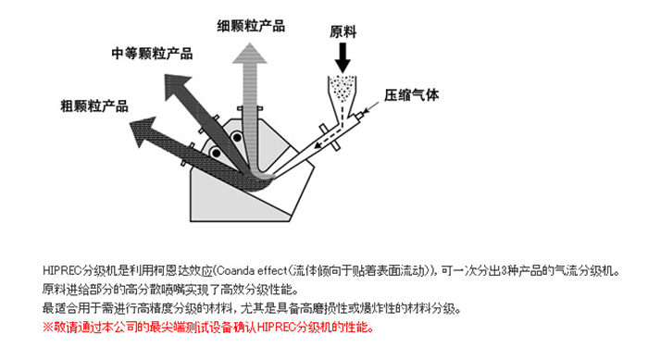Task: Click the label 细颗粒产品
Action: (x=251, y=26)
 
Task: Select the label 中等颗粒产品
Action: (x=152, y=54)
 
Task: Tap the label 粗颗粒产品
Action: (x=94, y=106)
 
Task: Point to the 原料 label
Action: (x=343, y=31)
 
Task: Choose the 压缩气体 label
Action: (x=412, y=95)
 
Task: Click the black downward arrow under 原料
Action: (x=343, y=58)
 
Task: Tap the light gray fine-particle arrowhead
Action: (x=250, y=54)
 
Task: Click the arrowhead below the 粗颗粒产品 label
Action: (x=143, y=130)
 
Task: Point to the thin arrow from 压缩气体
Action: (x=371, y=107)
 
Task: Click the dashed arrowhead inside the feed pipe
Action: (x=318, y=144)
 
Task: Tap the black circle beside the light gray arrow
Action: (x=237, y=137)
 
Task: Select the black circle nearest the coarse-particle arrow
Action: (x=216, y=153)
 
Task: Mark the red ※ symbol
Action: (x=48, y=328)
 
